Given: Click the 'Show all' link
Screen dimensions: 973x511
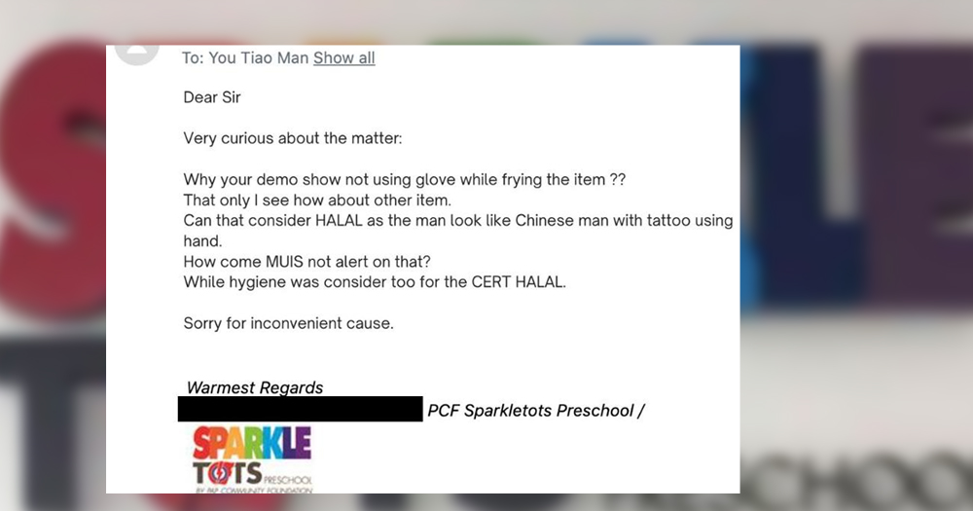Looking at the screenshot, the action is [x=343, y=57].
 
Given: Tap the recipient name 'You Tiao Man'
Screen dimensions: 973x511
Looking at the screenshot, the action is [x=258, y=57].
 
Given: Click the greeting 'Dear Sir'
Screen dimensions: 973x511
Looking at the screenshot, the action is [x=211, y=97].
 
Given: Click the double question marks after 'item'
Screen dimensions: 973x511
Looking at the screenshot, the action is [x=618, y=179].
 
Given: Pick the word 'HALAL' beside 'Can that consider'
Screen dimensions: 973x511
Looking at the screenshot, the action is [x=339, y=220].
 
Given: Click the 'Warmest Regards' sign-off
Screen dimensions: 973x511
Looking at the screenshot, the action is [x=254, y=387].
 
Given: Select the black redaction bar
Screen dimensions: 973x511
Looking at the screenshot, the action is [x=301, y=409].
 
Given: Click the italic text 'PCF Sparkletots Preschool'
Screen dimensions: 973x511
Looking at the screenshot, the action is [x=531, y=411].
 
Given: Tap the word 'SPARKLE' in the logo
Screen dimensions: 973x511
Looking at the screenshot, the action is [x=252, y=443].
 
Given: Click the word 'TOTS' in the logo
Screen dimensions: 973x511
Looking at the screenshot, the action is [x=227, y=474].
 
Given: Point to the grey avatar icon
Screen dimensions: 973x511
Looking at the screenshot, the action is [x=137, y=54].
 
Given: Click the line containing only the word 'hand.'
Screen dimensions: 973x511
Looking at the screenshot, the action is [x=202, y=241].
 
